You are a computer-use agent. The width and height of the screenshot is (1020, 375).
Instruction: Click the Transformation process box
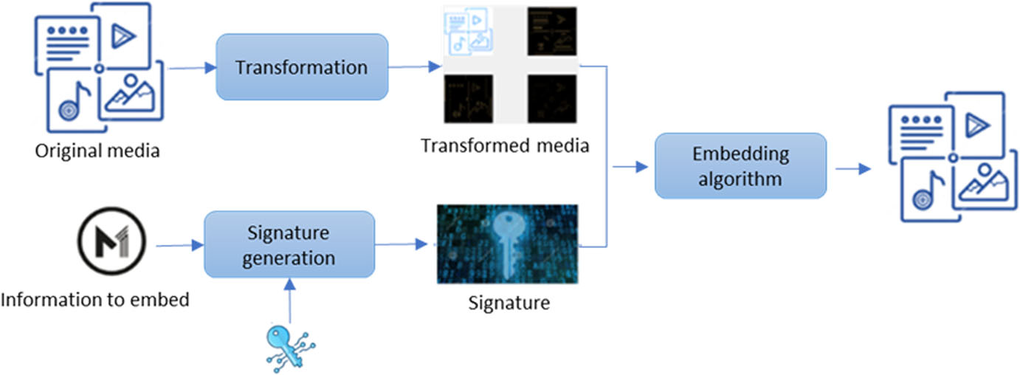(x=301, y=67)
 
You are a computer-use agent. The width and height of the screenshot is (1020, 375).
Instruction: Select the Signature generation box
(x=289, y=244)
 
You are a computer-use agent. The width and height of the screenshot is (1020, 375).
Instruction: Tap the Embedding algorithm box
(x=740, y=166)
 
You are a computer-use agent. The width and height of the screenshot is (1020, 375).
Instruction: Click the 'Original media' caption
(x=97, y=152)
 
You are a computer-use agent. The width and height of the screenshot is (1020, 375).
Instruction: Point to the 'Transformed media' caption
(x=505, y=145)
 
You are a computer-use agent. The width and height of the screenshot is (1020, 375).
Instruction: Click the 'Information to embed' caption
(x=95, y=300)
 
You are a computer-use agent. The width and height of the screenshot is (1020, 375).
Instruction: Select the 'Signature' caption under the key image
(x=509, y=303)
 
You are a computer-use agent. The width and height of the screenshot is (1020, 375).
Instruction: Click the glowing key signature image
(x=507, y=244)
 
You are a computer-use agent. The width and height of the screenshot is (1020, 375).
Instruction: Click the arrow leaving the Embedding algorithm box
(x=852, y=168)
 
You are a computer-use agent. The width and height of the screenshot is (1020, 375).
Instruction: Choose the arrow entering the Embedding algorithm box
(x=629, y=168)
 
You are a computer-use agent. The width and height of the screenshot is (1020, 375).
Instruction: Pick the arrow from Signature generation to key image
(x=402, y=244)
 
